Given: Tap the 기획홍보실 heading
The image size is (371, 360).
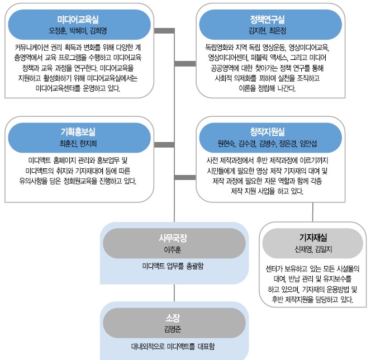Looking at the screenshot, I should (78, 132).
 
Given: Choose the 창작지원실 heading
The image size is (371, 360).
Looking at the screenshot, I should (272, 132).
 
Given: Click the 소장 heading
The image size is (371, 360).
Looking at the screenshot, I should (174, 317).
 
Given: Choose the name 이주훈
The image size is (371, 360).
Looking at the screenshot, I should (174, 249).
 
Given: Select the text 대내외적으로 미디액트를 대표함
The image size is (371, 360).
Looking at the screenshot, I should (174, 345).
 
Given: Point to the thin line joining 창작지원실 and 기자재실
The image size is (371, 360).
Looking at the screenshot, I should (312, 212).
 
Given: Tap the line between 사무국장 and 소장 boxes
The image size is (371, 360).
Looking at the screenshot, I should (174, 293).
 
